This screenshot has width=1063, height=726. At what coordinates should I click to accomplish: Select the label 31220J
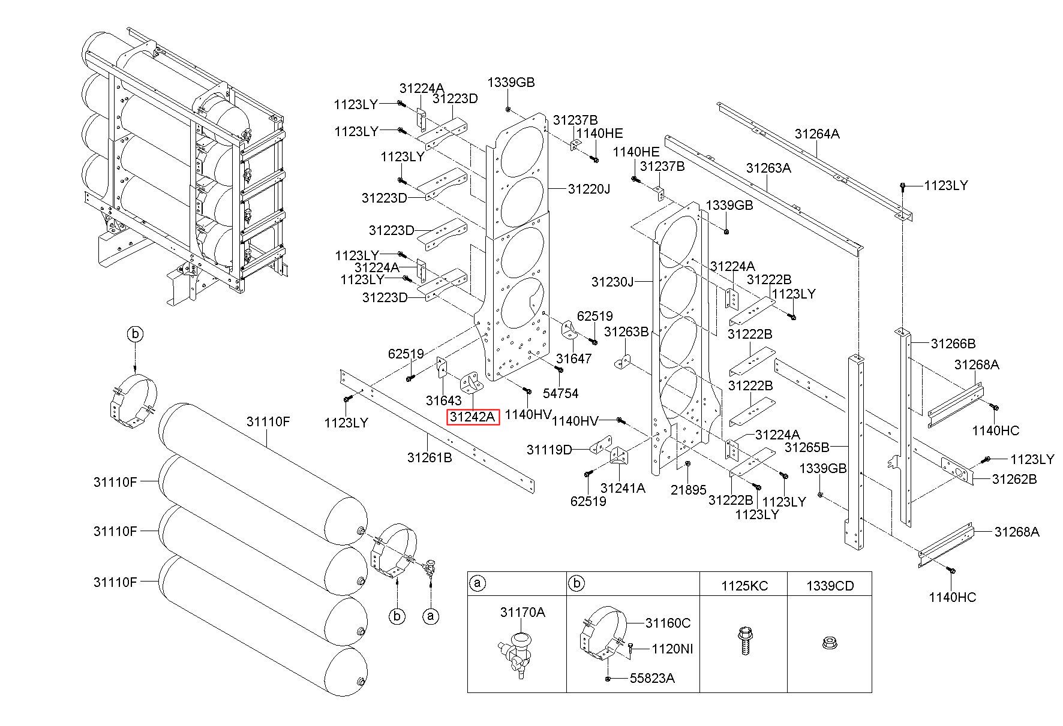[588, 189]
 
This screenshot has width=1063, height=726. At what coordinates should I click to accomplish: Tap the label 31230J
[612, 281]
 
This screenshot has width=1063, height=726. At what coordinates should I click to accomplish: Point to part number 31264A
[817, 134]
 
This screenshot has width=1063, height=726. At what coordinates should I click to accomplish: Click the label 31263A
[768, 168]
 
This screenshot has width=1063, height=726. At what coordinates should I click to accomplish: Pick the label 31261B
[430, 457]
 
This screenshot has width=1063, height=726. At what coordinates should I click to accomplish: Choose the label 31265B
[807, 447]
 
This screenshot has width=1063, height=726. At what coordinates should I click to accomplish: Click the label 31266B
[953, 344]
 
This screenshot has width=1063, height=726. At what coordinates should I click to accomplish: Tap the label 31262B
[1014, 479]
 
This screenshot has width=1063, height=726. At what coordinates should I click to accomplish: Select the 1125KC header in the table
[744, 586]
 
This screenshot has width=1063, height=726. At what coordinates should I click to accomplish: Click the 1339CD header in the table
[830, 586]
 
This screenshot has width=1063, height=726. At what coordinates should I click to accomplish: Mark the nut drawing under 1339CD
[829, 644]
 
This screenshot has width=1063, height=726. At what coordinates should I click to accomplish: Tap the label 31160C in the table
[668, 623]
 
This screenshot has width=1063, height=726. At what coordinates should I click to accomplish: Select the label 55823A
[652, 678]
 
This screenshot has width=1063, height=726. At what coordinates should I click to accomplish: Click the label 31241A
[623, 489]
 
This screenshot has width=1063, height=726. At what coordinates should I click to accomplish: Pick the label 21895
[689, 490]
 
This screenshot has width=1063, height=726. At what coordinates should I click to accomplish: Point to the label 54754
[560, 393]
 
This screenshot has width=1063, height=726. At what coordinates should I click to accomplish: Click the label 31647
[573, 359]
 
